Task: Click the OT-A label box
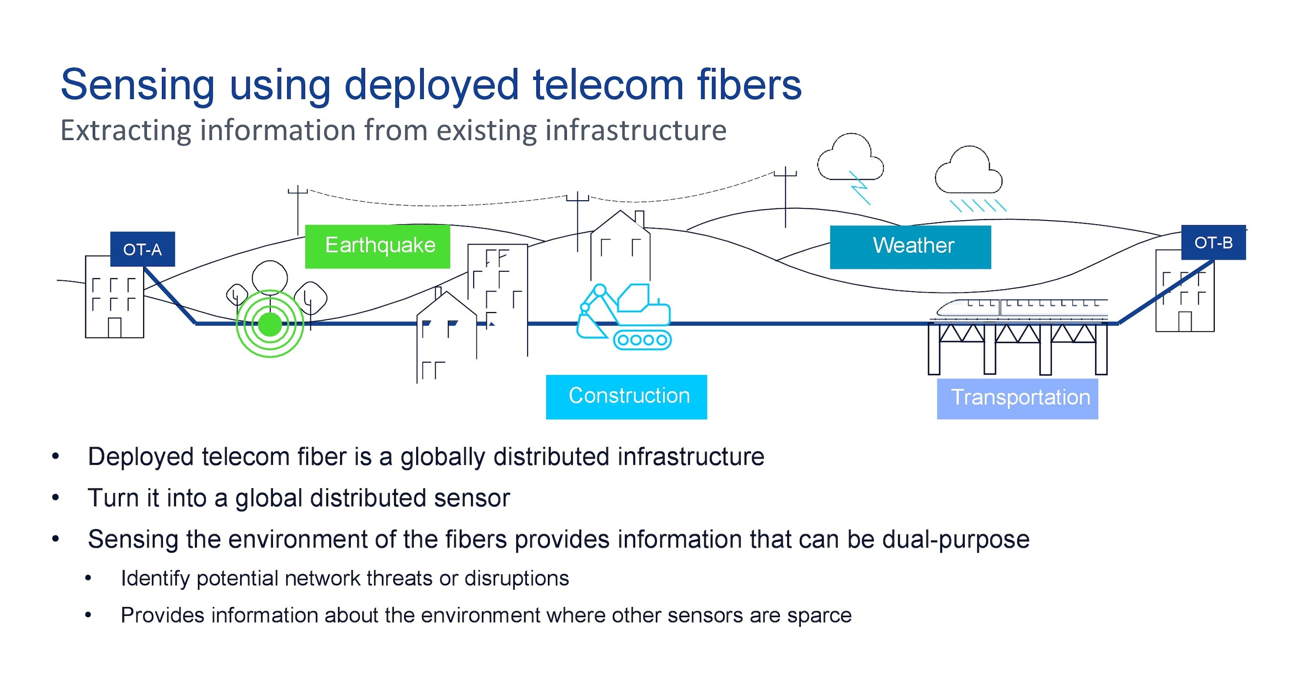click(142, 249)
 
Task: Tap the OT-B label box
click(1213, 242)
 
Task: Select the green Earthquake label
click(378, 246)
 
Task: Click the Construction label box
click(627, 397)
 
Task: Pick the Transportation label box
click(1017, 399)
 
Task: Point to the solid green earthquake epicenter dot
click(270, 324)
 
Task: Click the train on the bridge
click(1022, 309)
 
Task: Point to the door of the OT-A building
click(115, 327)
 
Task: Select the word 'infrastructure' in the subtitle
click(636, 130)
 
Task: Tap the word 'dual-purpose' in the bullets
click(956, 540)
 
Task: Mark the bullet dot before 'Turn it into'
click(56, 498)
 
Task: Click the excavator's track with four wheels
click(642, 340)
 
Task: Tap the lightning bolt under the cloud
click(859, 188)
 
